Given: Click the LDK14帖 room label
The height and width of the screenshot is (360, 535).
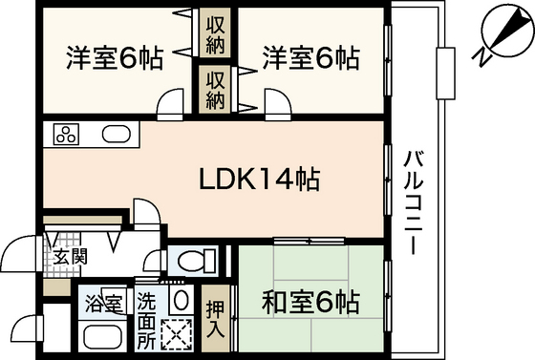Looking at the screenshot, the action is tap(259, 179).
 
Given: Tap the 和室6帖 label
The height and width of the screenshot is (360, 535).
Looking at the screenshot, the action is tap(310, 302).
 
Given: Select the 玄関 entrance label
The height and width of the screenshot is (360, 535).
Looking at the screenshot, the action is tap(71, 257).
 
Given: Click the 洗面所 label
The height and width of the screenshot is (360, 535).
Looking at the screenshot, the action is tap(147, 321).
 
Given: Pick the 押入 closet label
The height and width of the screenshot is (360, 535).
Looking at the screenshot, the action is tap(216, 319).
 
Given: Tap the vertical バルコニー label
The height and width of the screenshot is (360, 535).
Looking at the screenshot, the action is tap(413, 203).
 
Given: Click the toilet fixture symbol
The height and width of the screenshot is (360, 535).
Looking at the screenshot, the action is tap(197, 261).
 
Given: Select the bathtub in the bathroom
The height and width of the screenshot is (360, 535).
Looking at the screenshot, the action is tap(103, 337).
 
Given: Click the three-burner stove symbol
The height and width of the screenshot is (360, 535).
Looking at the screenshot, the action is tap(66, 134).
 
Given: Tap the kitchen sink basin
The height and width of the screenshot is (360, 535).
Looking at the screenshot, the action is tap(117, 135).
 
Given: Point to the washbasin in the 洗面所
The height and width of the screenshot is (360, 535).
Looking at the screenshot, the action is tap(181, 300).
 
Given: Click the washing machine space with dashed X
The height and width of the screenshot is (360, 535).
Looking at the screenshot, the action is tap(177, 334).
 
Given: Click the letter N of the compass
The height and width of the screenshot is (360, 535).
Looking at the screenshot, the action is tap(481, 57).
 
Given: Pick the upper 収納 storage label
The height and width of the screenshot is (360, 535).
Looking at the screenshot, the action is tap(215, 32).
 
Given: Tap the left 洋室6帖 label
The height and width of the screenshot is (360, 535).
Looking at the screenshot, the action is tap(115, 58).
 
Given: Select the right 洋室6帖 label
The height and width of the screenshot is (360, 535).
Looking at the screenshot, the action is tap(310, 58).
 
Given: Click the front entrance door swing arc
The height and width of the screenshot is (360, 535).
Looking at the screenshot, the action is tap(13, 243).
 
